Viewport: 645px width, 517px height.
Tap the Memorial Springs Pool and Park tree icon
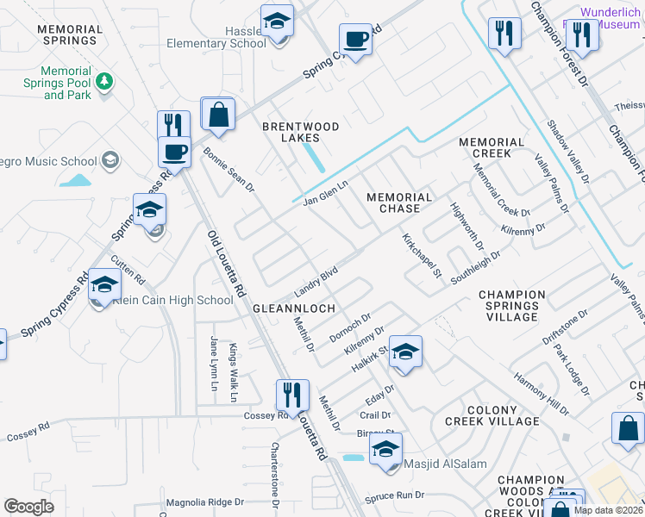pyautogui.click(x=104, y=81)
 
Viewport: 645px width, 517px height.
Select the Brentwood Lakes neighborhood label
pyautogui.click(x=302, y=132)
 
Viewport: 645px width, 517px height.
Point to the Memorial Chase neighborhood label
pyautogui.click(x=399, y=202)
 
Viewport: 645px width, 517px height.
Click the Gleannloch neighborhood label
pyautogui.click(x=288, y=308)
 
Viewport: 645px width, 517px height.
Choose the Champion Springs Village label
pyautogui.click(x=512, y=306)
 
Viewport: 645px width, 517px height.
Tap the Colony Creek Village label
pyautogui.click(x=492, y=415)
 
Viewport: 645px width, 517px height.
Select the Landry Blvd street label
pyautogui.click(x=315, y=277)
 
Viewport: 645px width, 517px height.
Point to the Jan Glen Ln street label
pyautogui.click(x=325, y=193)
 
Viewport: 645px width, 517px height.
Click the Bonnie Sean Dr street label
pyautogui.click(x=229, y=169)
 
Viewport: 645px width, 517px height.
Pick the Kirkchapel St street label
pyautogui.click(x=423, y=255)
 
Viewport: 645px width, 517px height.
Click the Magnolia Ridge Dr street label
pyautogui.click(x=200, y=502)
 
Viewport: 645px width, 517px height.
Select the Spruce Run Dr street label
pyautogui.click(x=396, y=495)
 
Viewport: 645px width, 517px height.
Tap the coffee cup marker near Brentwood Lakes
pyautogui.click(x=354, y=39)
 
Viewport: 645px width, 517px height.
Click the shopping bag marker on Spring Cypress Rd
pyautogui.click(x=218, y=114)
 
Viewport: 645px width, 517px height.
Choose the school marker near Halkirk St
pyautogui.click(x=405, y=352)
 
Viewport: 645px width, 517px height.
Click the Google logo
pyautogui.click(x=28, y=507)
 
